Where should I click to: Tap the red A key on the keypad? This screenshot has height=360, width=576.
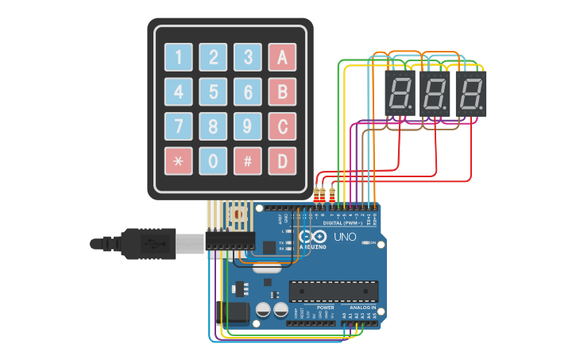[282, 56]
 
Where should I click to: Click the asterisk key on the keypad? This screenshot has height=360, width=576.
[178, 161]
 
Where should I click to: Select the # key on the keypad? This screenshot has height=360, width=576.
[248, 161]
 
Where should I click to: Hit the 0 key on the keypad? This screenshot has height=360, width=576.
[213, 161]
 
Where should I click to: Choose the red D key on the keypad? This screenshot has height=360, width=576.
[282, 161]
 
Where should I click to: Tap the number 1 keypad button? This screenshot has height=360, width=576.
[178, 56]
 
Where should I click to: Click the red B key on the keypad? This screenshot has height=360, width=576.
[282, 91]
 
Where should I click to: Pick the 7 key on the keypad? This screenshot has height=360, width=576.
[178, 126]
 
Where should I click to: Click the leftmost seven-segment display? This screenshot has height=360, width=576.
[400, 95]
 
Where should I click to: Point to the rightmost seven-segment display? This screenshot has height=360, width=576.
[471, 95]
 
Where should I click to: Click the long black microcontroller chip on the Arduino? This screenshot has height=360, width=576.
[333, 291]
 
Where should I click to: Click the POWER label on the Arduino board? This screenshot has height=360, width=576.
[326, 307]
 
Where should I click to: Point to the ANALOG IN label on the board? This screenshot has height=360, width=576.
[361, 307]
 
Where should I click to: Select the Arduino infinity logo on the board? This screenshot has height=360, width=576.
[311, 237]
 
